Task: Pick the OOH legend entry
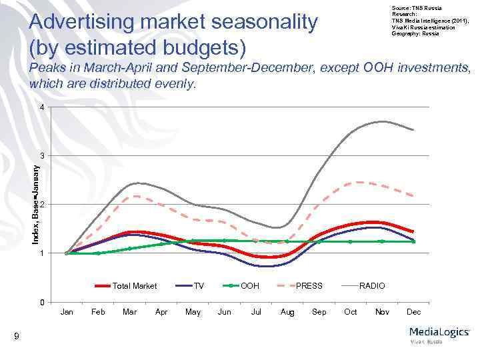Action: coord(250,286)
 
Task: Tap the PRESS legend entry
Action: coord(309,286)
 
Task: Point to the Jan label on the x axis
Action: coord(67,312)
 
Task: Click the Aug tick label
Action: coord(287,312)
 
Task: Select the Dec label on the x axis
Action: coord(414,312)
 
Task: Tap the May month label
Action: coord(193,312)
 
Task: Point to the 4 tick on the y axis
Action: coord(41,108)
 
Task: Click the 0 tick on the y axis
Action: coord(41,303)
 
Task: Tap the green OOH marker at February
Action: coord(98,253)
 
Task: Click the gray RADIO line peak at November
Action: coord(381,121)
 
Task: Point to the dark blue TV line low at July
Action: coord(256,266)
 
